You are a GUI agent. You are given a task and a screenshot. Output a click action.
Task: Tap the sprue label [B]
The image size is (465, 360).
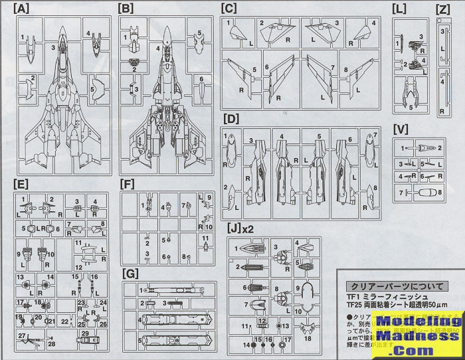tap(126, 9)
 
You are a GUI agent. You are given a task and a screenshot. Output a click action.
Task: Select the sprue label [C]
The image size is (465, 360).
tap(229, 9)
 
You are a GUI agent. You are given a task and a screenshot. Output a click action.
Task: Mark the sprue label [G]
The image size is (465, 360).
tap(131, 273)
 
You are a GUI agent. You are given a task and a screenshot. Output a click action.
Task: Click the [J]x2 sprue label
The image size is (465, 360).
tap(240, 227)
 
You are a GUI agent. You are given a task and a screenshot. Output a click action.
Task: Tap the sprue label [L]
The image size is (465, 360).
tap(399, 9)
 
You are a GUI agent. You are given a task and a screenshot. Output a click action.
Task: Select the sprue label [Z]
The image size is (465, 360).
tap(444, 9)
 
